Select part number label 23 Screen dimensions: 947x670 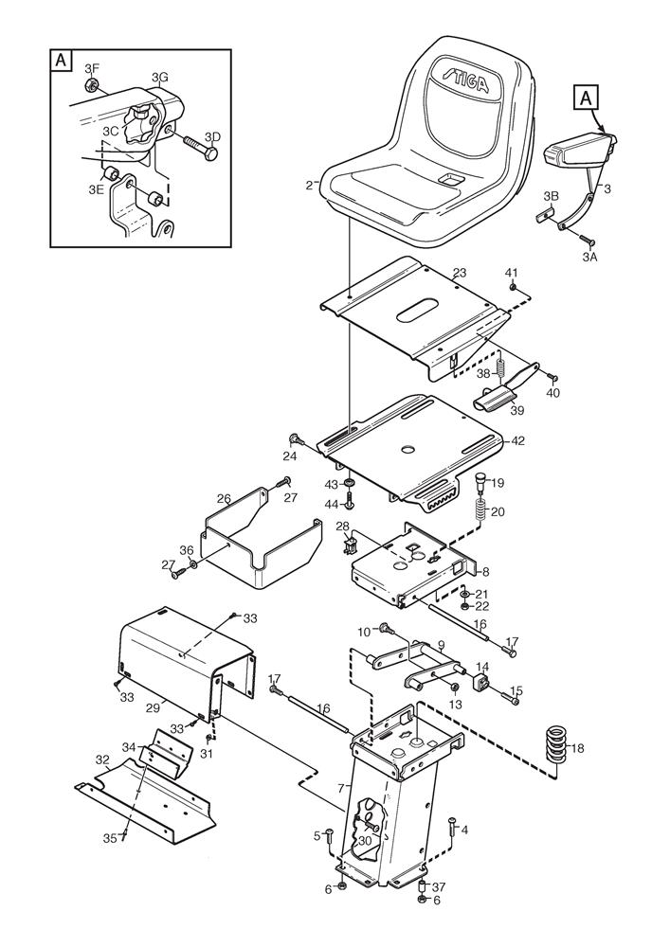(459, 273)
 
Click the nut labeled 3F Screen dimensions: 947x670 (93, 86)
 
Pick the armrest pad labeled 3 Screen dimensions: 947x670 (579, 151)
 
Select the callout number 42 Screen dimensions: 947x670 (517, 440)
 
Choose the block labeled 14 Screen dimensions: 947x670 (482, 683)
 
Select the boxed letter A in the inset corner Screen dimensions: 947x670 (61, 60)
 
